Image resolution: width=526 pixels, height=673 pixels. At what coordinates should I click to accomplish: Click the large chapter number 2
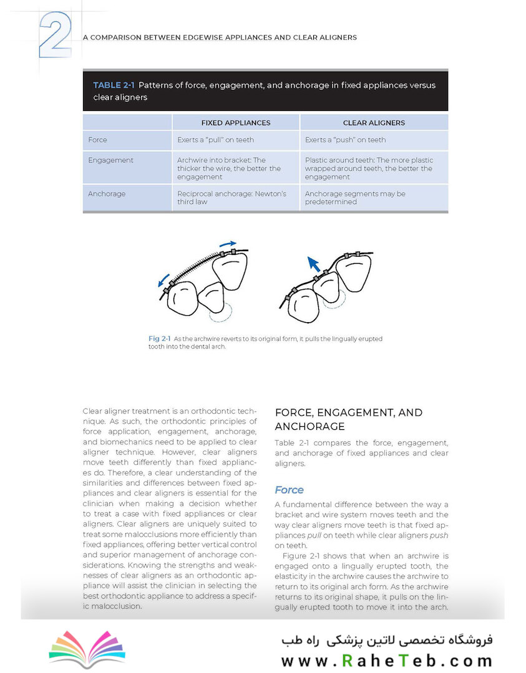56,35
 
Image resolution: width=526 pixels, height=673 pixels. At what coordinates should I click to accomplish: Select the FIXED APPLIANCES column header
236,123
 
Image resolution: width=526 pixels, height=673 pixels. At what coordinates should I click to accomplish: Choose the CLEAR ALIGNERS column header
374,123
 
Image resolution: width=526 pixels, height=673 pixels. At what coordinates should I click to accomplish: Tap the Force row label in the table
97,140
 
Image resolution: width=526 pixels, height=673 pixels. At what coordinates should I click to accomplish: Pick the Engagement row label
110,160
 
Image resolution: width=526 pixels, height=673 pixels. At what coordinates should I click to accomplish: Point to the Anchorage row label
107,194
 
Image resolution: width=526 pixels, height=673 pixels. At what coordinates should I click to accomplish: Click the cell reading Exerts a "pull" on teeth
215,140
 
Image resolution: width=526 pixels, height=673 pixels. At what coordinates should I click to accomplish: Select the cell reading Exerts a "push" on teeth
345,140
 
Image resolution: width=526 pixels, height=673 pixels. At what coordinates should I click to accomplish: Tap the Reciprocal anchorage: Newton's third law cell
231,198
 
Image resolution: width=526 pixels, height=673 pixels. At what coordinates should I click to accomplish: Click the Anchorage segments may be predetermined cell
355,198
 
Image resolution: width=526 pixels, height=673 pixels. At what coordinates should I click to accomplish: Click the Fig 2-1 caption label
160,338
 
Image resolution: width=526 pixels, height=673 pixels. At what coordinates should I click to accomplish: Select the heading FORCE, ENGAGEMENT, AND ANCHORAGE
348,419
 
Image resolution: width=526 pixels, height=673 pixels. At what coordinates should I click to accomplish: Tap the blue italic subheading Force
290,490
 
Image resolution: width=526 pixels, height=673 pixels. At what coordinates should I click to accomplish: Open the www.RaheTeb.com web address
386,660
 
